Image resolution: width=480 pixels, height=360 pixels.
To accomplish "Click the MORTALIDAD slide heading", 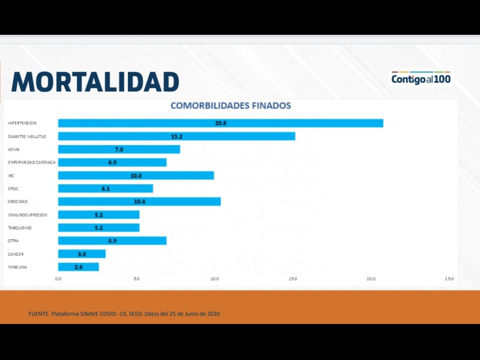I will coord(95,82).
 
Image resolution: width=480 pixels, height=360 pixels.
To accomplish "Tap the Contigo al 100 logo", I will coord(421,79).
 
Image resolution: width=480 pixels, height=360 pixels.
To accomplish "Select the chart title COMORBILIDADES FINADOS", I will coord(230,106).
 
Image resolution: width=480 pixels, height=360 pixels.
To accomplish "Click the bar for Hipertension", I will coord(220,123).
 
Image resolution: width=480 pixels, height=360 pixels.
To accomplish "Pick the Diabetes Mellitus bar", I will coord(176,136).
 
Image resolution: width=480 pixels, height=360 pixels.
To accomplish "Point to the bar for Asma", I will coord(119,149).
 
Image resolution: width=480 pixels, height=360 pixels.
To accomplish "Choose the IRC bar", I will coord(136,175).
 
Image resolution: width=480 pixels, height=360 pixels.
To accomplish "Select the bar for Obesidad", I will coord(139,202).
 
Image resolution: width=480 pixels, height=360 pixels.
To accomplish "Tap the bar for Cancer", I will coord(82,254).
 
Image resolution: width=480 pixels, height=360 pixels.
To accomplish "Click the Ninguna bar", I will coord(79,267).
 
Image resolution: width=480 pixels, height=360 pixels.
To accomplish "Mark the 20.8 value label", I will coord(220,123).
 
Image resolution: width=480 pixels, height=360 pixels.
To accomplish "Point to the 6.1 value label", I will coord(106,188).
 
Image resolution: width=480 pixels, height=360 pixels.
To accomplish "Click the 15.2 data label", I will coord(176,136).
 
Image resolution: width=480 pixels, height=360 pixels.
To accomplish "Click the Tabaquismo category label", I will coord(20,228).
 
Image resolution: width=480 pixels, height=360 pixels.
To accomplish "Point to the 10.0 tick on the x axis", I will coord(214,279).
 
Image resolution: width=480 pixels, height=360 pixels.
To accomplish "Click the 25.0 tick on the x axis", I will coord(449,279).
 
